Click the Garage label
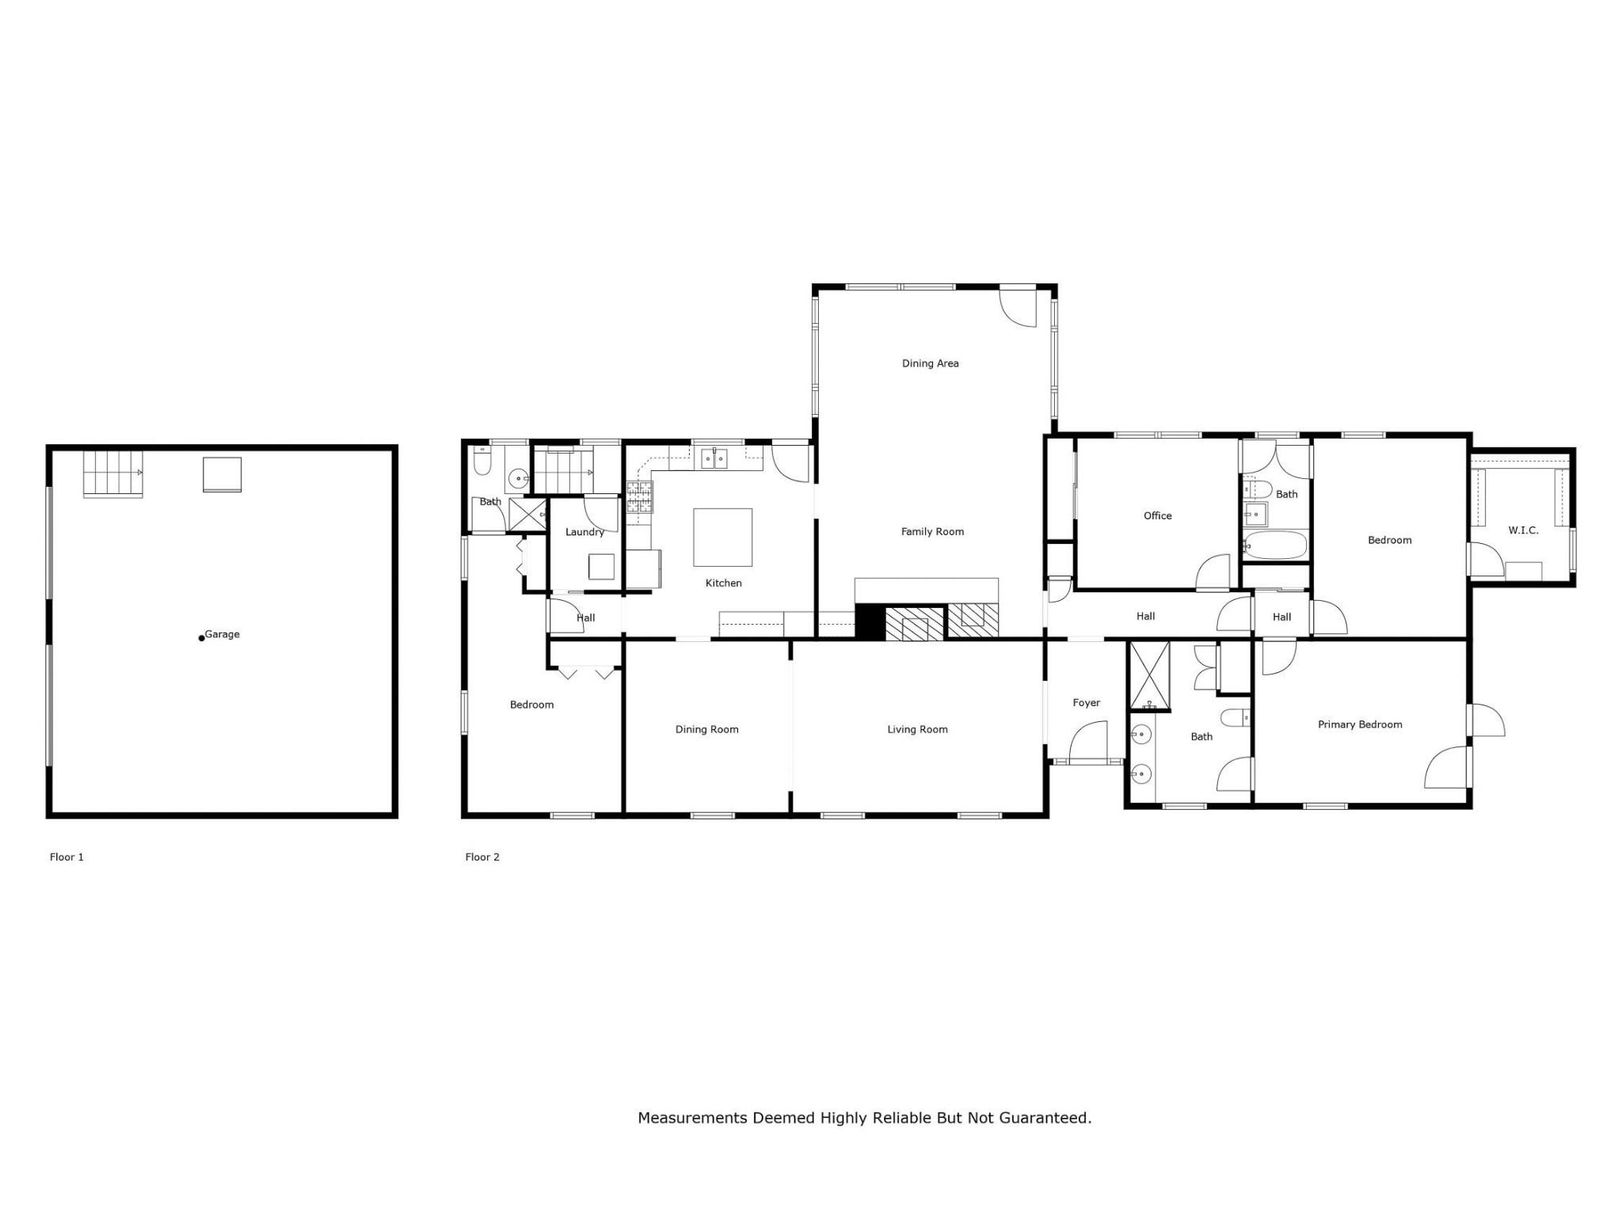pyautogui.click(x=222, y=634)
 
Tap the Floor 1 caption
pyautogui.click(x=67, y=857)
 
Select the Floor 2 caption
pyautogui.click(x=482, y=857)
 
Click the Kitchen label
pyautogui.click(x=724, y=583)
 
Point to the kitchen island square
pyautogui.click(x=723, y=538)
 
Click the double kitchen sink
pyautogui.click(x=714, y=458)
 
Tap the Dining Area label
pyautogui.click(x=931, y=363)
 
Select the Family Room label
pyautogui.click(x=932, y=531)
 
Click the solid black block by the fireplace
pyautogui.click(x=870, y=621)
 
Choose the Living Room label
pyautogui.click(x=917, y=729)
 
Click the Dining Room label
pyautogui.click(x=706, y=729)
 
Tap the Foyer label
pyautogui.click(x=1087, y=702)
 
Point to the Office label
pyautogui.click(x=1157, y=515)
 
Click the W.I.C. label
pyautogui.click(x=1523, y=530)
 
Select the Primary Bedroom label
pyautogui.click(x=1360, y=724)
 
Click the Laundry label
pyautogui.click(x=584, y=532)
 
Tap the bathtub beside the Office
pyautogui.click(x=1275, y=545)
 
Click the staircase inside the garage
pyautogui.click(x=113, y=473)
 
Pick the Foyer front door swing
pyautogui.click(x=1088, y=741)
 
